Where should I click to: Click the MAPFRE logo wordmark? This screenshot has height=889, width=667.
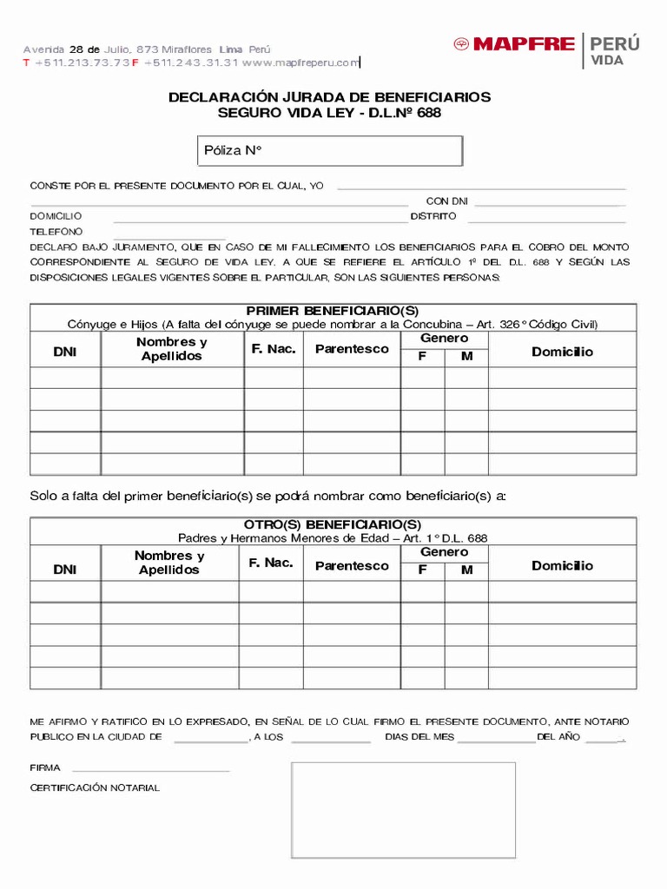point(524,44)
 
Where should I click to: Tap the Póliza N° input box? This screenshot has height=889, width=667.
point(331,150)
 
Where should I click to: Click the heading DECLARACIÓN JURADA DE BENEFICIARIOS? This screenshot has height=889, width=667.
point(329,97)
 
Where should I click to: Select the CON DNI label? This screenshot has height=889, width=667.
point(446,201)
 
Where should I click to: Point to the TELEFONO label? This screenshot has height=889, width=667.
point(56,232)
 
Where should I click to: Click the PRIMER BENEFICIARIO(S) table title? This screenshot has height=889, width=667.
point(333,311)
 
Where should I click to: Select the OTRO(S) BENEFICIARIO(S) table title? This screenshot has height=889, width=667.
point(333,524)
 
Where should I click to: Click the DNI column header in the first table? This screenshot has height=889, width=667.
point(65,352)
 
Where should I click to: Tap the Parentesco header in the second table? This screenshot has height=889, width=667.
point(352,566)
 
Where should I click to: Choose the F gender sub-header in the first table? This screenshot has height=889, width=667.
point(422,356)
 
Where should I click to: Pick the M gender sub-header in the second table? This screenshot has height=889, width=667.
point(466,570)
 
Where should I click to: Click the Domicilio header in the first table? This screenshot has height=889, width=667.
point(562,352)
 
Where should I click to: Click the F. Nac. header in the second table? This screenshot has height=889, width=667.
point(270,563)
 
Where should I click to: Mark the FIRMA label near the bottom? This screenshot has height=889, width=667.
point(45,768)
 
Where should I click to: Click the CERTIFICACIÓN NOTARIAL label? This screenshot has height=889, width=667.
point(95,787)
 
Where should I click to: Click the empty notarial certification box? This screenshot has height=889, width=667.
point(403,809)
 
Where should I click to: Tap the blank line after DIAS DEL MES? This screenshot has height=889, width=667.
point(496,738)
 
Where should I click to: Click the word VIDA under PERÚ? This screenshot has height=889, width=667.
point(607,61)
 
